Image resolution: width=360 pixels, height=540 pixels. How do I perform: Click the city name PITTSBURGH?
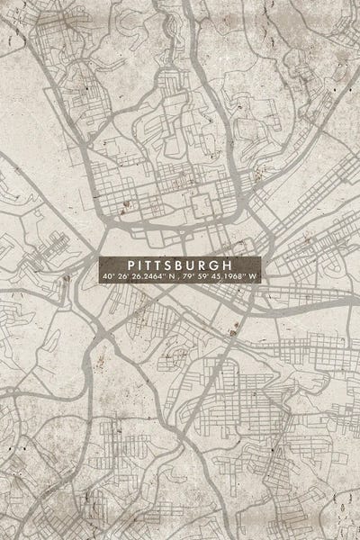click(180, 265)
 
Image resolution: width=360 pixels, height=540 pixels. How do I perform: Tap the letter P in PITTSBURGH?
click(133, 265)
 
